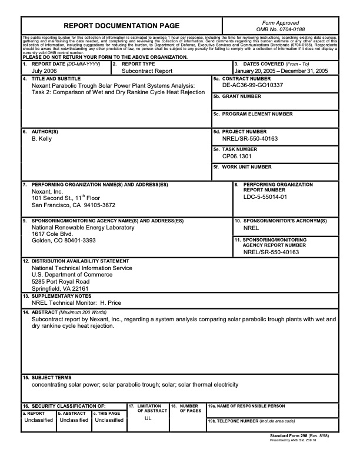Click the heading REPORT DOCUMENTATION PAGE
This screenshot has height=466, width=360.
point(121,26)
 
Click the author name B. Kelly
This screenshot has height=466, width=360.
point(44,139)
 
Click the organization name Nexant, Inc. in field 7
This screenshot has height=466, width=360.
point(47,192)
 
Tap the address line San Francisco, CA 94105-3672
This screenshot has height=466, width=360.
point(74,205)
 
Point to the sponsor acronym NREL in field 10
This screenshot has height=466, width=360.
point(251,228)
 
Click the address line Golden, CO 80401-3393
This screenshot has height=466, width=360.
point(64,241)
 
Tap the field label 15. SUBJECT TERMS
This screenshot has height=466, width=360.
point(47,377)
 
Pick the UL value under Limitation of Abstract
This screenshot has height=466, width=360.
point(148,419)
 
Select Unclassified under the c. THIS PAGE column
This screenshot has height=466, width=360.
point(109,420)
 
